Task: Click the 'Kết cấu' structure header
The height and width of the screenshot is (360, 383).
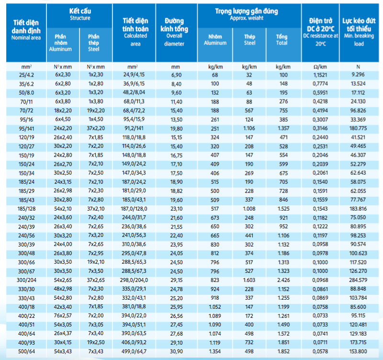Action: (x=80, y=11)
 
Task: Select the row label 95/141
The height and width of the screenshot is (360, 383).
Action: (x=26, y=129)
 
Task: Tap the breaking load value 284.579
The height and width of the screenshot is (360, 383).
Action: (x=358, y=280)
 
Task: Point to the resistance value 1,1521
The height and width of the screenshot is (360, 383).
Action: (x=320, y=75)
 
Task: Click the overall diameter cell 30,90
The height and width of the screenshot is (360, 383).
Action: (x=176, y=351)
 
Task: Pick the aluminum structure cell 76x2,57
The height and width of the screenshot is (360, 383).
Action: (x=63, y=315)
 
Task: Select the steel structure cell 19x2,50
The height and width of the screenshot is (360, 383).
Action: (x=96, y=342)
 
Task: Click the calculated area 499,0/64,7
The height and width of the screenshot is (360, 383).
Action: (x=134, y=351)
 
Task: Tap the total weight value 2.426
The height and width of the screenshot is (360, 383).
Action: (x=283, y=280)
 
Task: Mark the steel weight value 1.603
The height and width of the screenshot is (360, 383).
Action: (x=249, y=280)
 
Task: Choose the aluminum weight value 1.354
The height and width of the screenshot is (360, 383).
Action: (x=214, y=351)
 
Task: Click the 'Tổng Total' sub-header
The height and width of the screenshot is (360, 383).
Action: (x=282, y=40)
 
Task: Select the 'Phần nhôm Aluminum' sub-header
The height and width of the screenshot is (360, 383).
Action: (x=60, y=43)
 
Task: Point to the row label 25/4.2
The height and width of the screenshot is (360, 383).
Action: (x=26, y=75)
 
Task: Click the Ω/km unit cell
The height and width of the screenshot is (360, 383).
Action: (x=320, y=67)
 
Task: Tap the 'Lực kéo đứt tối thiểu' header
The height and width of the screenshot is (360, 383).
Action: (x=359, y=25)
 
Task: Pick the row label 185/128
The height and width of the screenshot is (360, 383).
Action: (x=26, y=209)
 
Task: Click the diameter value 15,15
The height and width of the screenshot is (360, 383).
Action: (x=176, y=137)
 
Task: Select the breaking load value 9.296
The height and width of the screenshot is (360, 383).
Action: (x=358, y=75)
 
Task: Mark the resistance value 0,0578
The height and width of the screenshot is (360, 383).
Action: (x=320, y=351)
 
